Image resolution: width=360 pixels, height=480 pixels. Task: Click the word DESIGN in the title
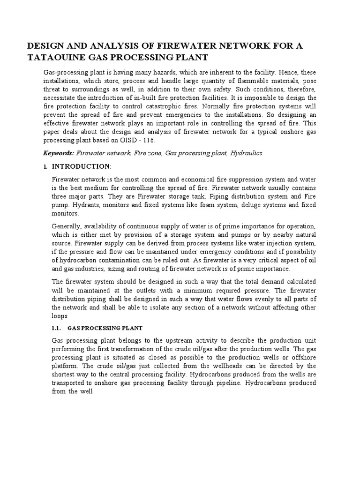coord(45,45)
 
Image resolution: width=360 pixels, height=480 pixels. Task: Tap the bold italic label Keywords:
coord(59,153)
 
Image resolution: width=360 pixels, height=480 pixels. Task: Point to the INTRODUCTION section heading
coord(81,166)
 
